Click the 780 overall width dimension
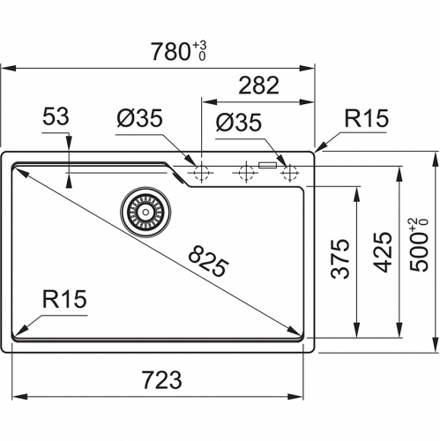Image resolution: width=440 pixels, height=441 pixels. pyautogui.click(x=170, y=52)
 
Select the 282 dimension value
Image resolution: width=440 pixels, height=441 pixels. pyautogui.click(x=258, y=86)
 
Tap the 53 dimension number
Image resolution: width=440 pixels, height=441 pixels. pyautogui.click(x=56, y=116)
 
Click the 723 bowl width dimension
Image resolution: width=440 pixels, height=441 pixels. pyautogui.click(x=162, y=380)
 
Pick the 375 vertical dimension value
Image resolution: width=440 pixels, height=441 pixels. pyautogui.click(x=340, y=258)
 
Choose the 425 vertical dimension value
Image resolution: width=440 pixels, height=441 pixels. pyautogui.click(x=383, y=252)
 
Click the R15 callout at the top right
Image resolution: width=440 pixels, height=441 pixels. pyautogui.click(x=366, y=118)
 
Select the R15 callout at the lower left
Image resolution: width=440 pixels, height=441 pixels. pyautogui.click(x=64, y=299)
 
